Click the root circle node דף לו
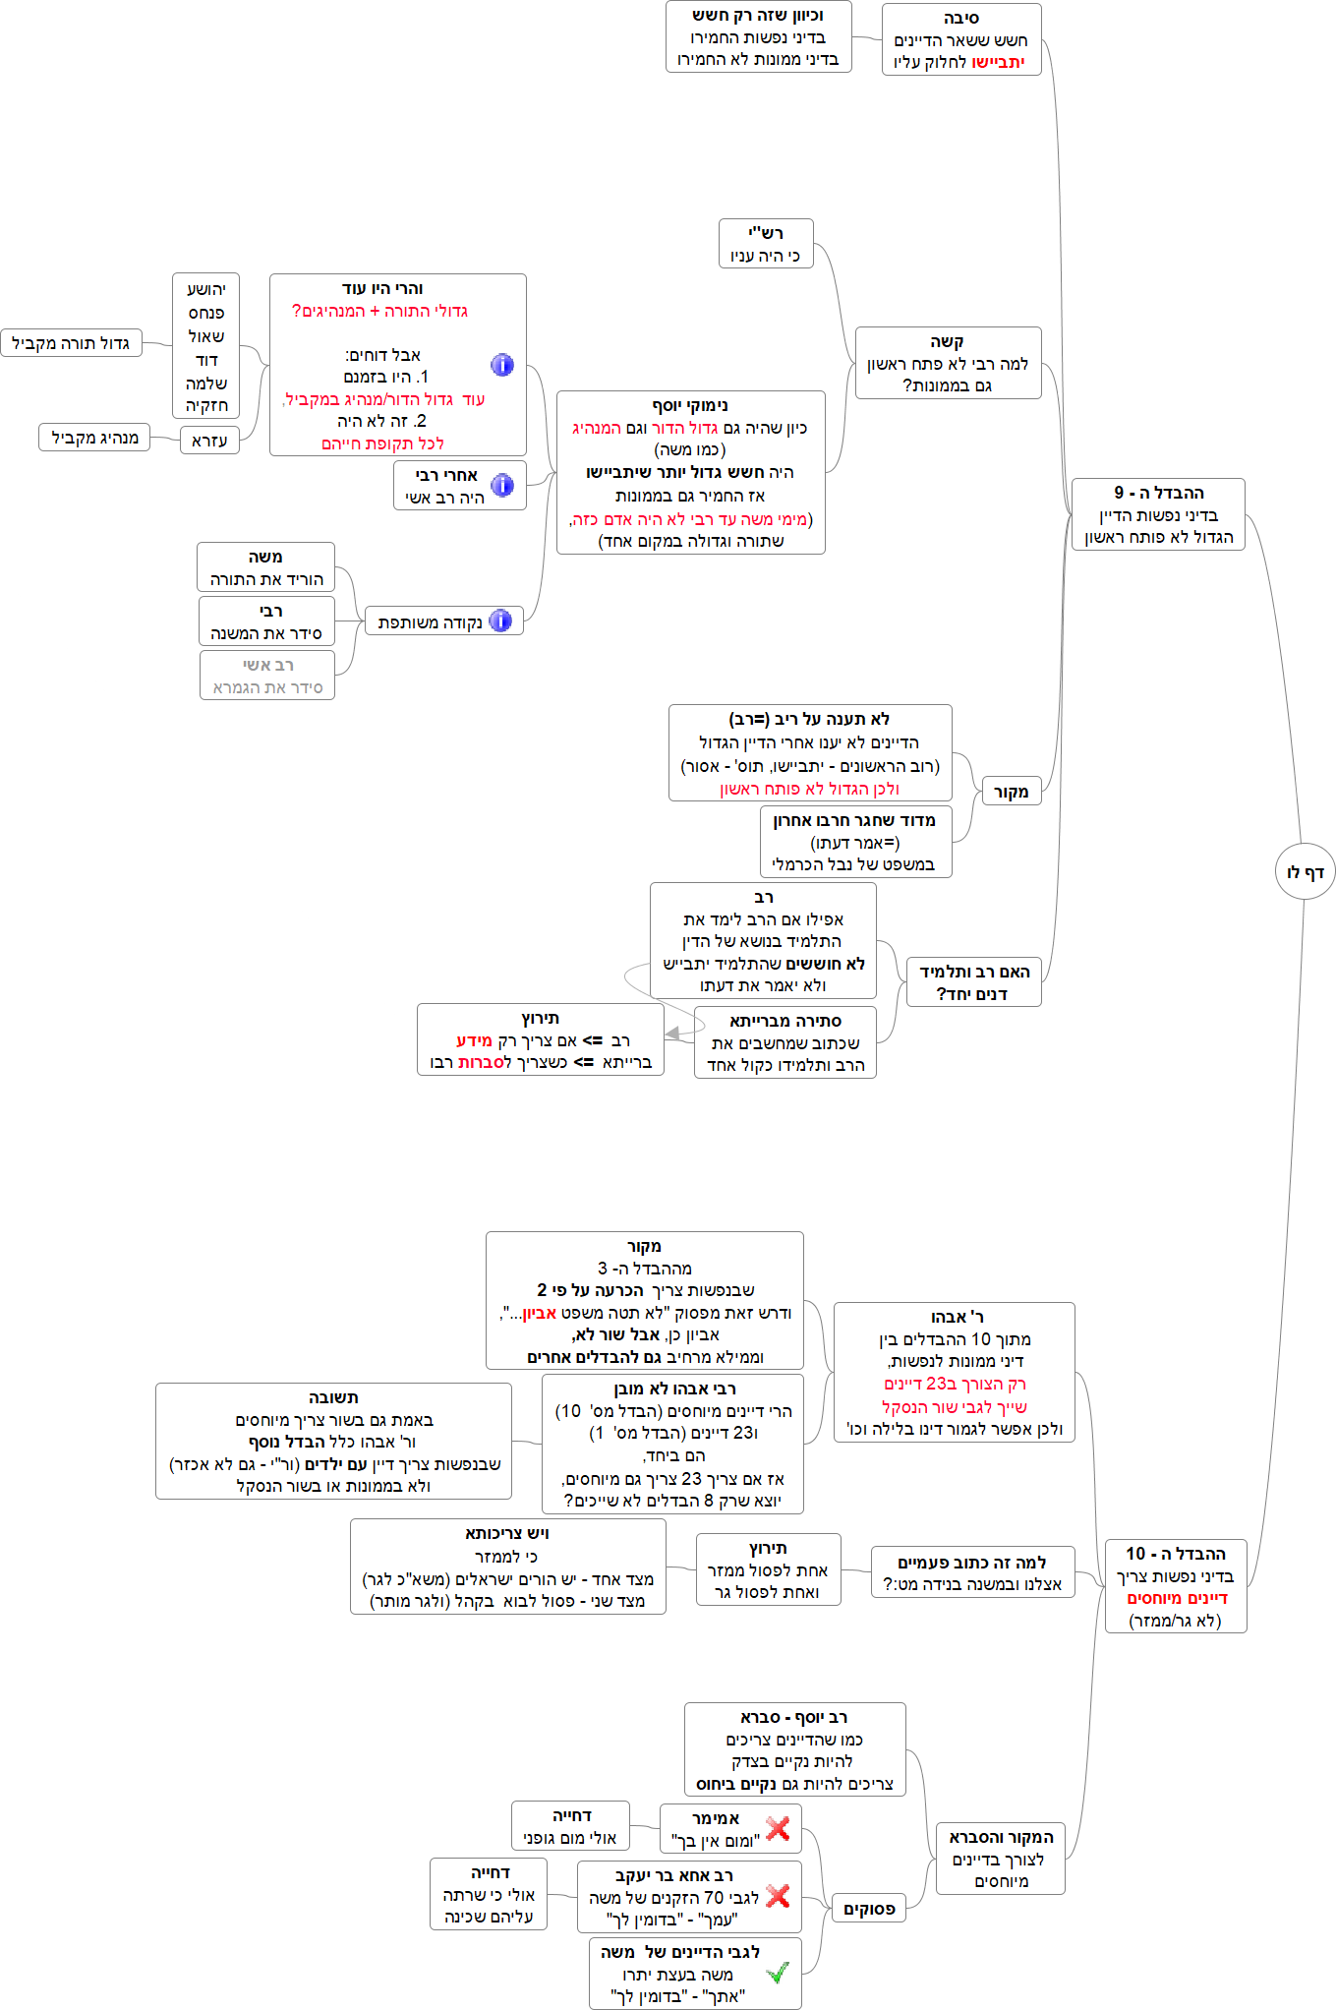pyautogui.click(x=1305, y=871)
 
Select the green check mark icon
pyautogui.click(x=777, y=1972)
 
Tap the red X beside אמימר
pyautogui.click(x=778, y=1828)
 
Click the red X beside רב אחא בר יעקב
pyautogui.click(x=778, y=1896)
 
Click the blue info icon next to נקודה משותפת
pyautogui.click(x=500, y=621)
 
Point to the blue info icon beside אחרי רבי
pyautogui.click(x=502, y=485)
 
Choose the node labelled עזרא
pyautogui.click(x=209, y=441)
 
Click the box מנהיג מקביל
pyautogui.click(x=94, y=438)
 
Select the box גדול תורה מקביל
pyautogui.click(x=71, y=343)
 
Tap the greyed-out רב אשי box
pyautogui.click(x=267, y=676)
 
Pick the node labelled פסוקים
pyautogui.click(x=869, y=1909)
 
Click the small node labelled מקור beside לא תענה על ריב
pyautogui.click(x=1011, y=792)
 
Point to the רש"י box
pyautogui.click(x=766, y=244)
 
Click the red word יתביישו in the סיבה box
pyautogui.click(x=999, y=62)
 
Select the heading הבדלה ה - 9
pyautogui.click(x=1158, y=493)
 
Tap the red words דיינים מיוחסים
pyautogui.click(x=1177, y=1598)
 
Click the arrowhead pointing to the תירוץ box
pyautogui.click(x=672, y=1034)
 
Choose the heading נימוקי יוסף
pyautogui.click(x=690, y=405)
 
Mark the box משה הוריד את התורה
pyautogui.click(x=265, y=567)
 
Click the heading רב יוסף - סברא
pyautogui.click(x=794, y=1717)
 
